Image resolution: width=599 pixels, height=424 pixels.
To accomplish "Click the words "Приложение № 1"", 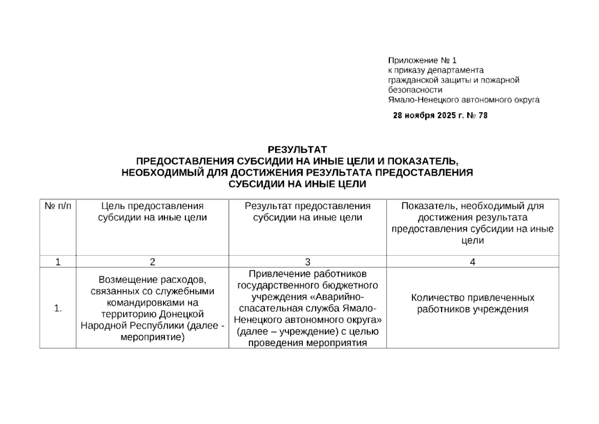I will (x=422, y=60).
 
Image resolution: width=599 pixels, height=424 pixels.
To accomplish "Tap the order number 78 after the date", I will (x=483, y=116).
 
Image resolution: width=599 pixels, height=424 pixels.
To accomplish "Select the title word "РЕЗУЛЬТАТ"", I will (x=297, y=149).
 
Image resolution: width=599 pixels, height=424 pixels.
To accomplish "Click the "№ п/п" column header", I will (x=58, y=206).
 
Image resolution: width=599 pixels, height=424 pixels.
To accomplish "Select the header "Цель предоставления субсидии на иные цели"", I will (x=152, y=212).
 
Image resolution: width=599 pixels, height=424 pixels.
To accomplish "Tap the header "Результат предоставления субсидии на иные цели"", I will (x=307, y=212).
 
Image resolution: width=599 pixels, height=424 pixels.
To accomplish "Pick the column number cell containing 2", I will (x=152, y=262).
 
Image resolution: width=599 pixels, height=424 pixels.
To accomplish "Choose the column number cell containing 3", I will (x=307, y=262).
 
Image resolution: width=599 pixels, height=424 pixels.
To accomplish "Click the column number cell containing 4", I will (x=472, y=262).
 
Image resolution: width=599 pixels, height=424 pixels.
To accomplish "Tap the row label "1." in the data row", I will (x=58, y=308).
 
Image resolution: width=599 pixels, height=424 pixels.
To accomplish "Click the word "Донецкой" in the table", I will (x=182, y=314).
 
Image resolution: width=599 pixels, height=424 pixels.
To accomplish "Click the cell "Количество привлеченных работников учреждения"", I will (x=472, y=303).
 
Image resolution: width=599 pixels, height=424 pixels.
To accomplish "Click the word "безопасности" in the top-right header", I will (x=415, y=90).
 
